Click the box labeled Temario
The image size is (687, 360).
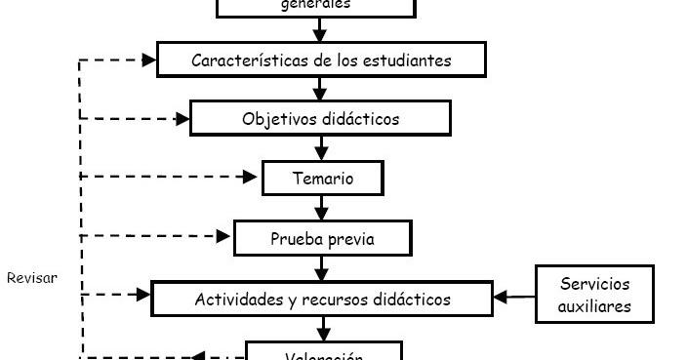(322, 179)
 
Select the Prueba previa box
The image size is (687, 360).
(322, 238)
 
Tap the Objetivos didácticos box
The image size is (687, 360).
(320, 119)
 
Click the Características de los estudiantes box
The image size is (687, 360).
(320, 60)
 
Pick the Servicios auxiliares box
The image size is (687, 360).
(593, 295)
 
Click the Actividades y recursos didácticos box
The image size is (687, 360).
(322, 299)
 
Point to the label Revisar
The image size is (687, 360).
(32, 278)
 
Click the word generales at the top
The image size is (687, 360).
(315, 4)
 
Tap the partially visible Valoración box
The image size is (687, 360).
(323, 352)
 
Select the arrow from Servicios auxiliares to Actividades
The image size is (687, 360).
(514, 296)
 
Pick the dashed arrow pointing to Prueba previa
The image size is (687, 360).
(156, 235)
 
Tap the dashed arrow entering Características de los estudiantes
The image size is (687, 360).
(117, 60)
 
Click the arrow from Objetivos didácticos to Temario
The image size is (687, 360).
(321, 148)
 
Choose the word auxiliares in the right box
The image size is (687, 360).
(593, 305)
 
